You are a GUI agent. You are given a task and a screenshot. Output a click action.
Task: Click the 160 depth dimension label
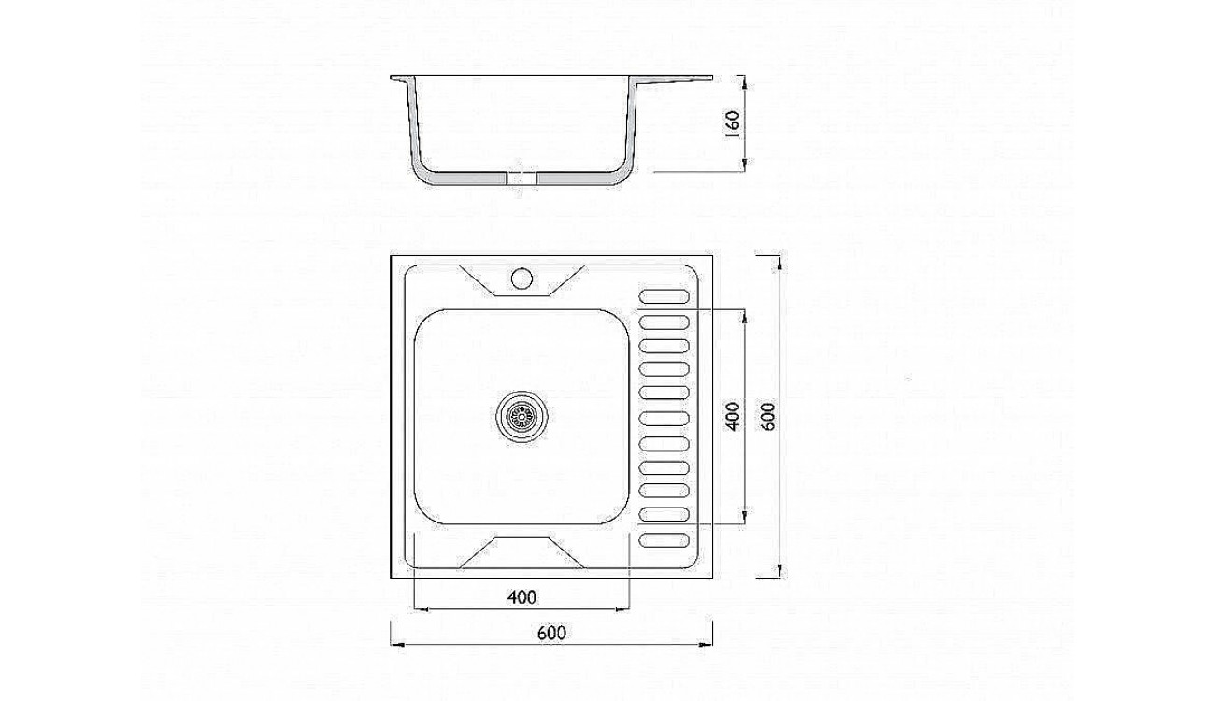(x=732, y=123)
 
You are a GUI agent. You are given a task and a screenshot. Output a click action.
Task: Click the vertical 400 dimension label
(x=732, y=416)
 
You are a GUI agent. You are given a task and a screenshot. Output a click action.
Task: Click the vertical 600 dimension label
(x=768, y=416)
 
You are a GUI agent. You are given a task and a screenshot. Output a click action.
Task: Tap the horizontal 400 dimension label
(x=522, y=597)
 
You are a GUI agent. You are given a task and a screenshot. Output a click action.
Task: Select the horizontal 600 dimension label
(x=551, y=633)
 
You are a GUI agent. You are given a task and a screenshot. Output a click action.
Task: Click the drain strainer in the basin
(x=522, y=417)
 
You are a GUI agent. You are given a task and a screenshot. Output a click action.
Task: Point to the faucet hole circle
(x=522, y=278)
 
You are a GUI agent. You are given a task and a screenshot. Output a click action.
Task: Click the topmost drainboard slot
(x=665, y=296)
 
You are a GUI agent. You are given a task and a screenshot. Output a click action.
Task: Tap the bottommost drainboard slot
(x=665, y=540)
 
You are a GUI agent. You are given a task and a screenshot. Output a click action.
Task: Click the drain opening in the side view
(x=522, y=179)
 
